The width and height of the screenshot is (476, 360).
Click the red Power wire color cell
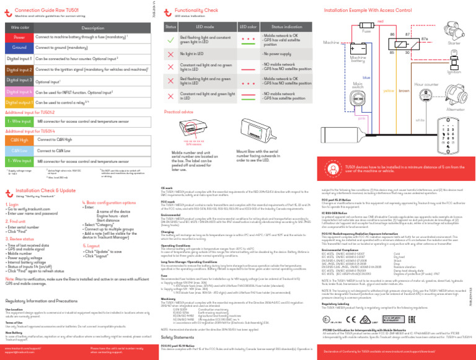click(x=19, y=38)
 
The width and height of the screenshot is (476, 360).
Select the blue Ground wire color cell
click(x=19, y=48)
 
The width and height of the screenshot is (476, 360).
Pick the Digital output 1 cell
click(x=19, y=102)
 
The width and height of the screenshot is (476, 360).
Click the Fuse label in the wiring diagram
click(x=366, y=30)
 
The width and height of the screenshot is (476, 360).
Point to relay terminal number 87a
click(x=425, y=39)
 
